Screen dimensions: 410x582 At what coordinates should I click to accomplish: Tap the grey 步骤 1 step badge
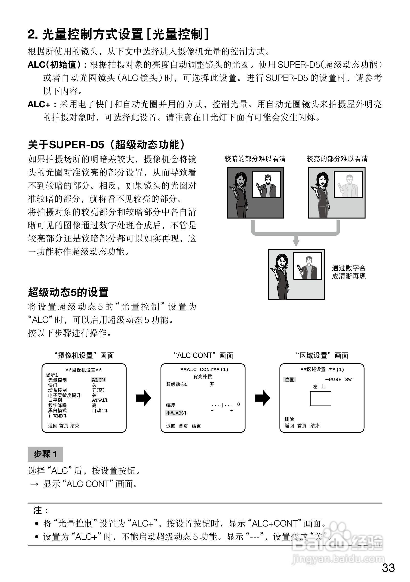click(x=45, y=454)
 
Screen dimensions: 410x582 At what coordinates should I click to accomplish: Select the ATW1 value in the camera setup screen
click(x=99, y=400)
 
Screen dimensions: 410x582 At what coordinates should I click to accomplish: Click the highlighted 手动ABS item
click(x=176, y=413)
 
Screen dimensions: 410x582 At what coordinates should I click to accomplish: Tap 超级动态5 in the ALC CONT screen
click(x=177, y=384)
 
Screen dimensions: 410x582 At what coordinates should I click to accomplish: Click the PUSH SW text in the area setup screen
click(x=339, y=379)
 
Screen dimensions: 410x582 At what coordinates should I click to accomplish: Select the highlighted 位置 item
click(x=289, y=379)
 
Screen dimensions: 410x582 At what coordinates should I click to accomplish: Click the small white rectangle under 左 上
click(x=321, y=398)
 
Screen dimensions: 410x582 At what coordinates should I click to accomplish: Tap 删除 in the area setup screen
click(x=289, y=419)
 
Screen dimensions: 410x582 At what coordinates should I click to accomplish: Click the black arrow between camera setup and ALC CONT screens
click(x=143, y=398)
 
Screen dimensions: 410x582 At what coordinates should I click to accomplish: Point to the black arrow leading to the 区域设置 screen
click(x=262, y=398)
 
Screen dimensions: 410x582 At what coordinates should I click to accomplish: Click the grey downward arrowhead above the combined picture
click(x=296, y=243)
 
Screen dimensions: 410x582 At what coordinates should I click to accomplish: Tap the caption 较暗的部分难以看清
click(x=255, y=159)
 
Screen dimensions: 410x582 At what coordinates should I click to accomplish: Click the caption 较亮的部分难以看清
click(x=337, y=159)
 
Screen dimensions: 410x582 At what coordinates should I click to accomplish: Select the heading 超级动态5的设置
click(x=68, y=292)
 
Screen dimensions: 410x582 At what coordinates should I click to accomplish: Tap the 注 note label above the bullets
click(x=40, y=510)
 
